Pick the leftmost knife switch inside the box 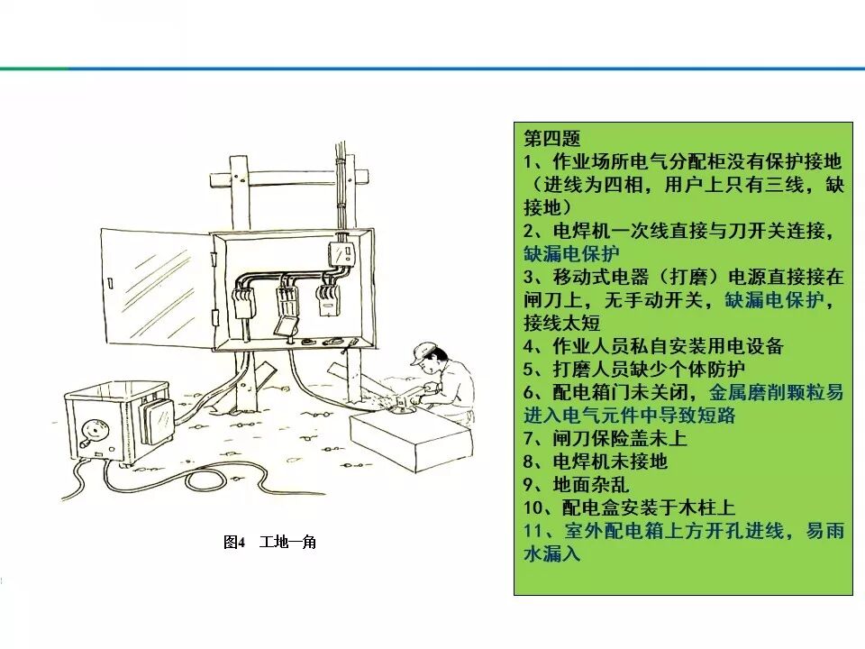pos(241,301)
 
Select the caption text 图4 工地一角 pos(269,543)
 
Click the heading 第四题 pos(551,139)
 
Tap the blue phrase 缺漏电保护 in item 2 pos(571,253)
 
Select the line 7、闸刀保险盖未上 pos(605,439)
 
